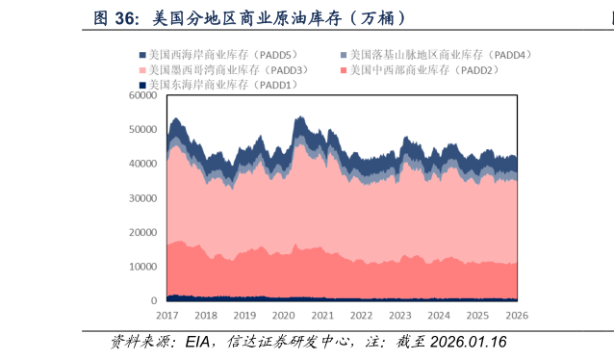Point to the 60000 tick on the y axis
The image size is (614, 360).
coord(142,95)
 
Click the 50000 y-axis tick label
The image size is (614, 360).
coord(142,129)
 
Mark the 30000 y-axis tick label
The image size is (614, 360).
coord(142,198)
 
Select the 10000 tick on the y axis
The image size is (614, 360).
coord(142,267)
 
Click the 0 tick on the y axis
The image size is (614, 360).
coord(153,301)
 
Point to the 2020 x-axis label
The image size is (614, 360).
coord(283,316)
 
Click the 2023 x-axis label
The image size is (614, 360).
coord(400,316)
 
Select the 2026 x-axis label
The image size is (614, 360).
coord(517,316)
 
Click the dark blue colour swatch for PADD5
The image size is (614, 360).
coord(143,56)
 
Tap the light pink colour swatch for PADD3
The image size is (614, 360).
coord(143,70)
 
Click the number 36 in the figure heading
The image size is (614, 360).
coord(124,18)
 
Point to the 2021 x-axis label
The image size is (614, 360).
coord(322,316)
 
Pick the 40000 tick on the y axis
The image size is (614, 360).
coord(142,164)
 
